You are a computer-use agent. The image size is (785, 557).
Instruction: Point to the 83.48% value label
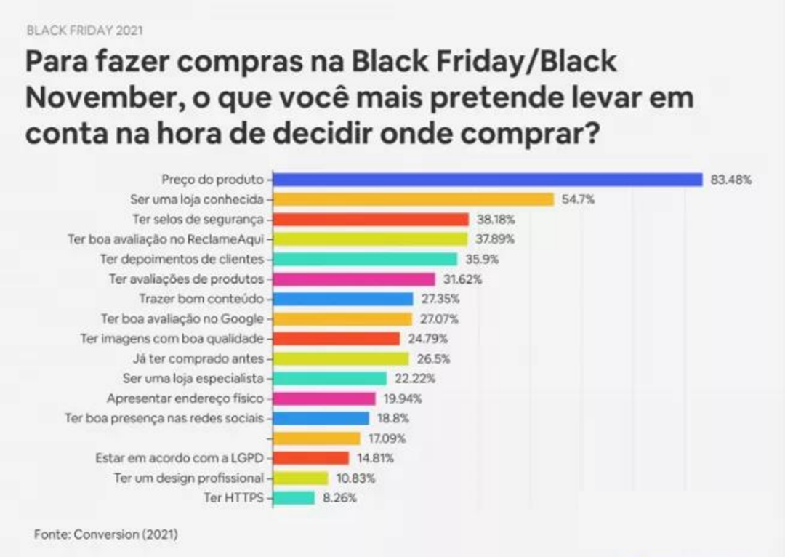point(730,180)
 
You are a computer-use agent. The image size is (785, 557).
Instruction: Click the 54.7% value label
point(578,199)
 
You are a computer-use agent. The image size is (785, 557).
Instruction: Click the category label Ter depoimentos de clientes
point(187,259)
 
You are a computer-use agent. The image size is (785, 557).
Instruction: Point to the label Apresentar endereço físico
point(185,398)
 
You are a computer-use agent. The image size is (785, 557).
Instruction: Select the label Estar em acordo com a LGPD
point(180,458)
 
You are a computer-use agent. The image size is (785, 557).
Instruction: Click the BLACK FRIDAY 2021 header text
point(84,31)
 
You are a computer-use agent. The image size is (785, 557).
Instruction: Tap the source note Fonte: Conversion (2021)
point(106,534)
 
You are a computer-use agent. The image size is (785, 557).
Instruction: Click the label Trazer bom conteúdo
point(201,299)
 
